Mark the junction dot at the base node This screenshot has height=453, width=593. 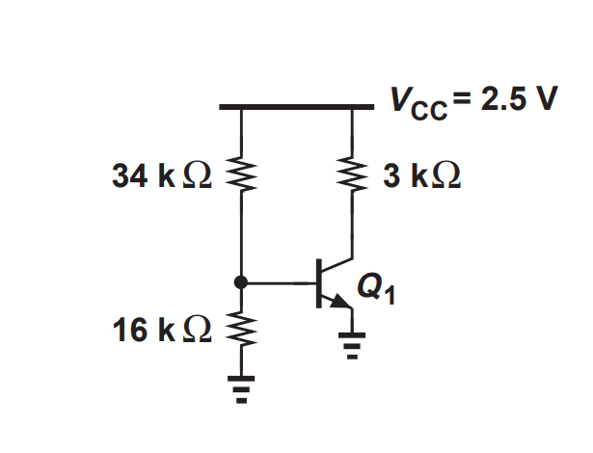pos(239,282)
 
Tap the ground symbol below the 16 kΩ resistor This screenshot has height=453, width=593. pos(239,386)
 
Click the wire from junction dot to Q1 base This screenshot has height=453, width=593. pos(280,282)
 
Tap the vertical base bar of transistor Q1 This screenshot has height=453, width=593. pos(320,282)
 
